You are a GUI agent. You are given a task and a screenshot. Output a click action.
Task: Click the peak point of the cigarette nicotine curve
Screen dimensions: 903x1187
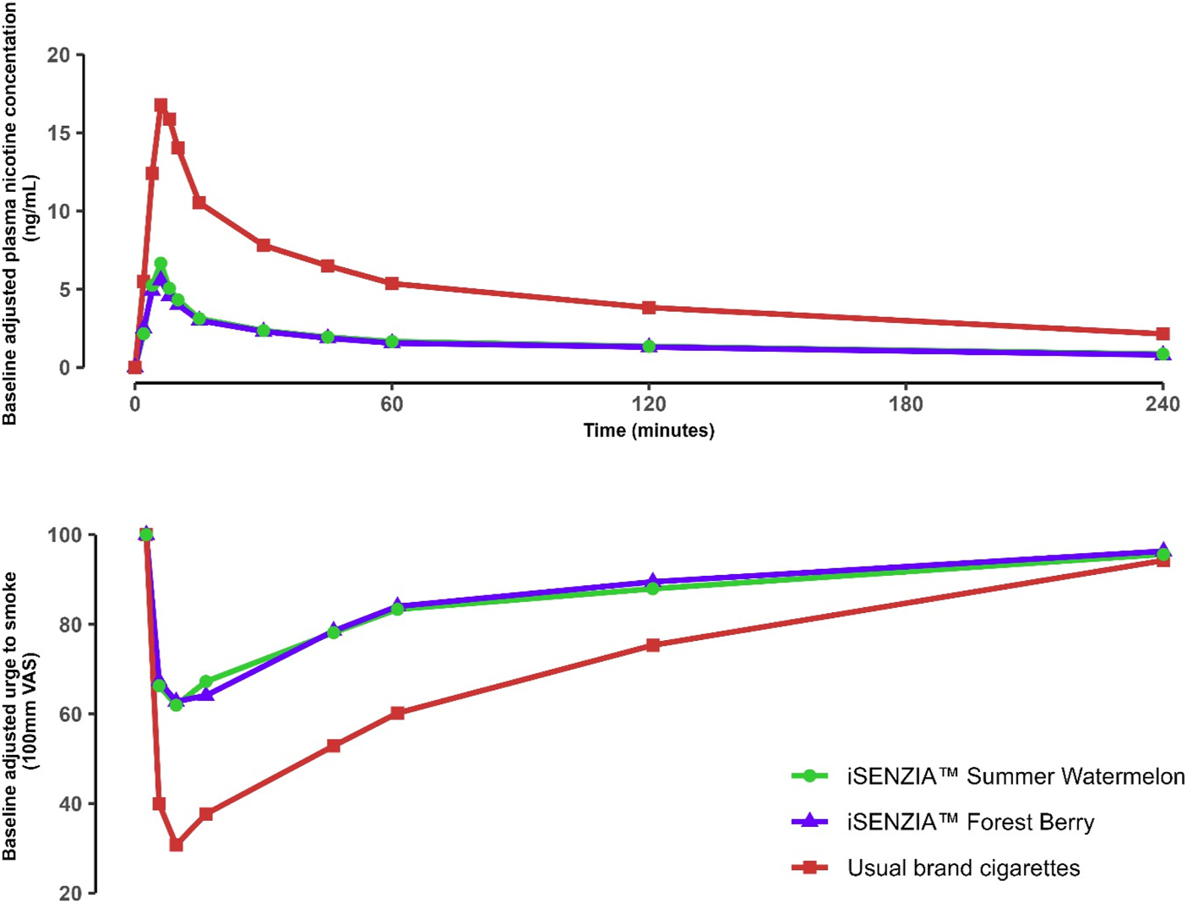161,106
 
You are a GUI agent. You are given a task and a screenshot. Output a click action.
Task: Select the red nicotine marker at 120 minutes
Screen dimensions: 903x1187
649,307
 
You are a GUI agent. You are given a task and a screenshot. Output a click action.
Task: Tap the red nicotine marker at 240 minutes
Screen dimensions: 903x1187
1162,334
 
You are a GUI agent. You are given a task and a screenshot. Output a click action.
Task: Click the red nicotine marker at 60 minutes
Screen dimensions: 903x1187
391,283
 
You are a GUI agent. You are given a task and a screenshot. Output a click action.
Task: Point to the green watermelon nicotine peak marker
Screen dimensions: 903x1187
161,264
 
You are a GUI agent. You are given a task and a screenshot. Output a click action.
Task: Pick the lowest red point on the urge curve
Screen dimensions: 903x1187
176,845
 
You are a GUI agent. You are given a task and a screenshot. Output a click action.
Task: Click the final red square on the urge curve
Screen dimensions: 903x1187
1162,561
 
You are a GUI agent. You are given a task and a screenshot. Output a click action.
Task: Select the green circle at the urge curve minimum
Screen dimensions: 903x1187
176,704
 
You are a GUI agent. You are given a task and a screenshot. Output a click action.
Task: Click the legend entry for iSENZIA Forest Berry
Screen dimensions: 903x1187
971,822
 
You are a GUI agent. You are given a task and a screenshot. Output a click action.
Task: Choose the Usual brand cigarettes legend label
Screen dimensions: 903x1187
963,867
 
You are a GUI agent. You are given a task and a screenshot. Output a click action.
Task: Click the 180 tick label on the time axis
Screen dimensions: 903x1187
906,404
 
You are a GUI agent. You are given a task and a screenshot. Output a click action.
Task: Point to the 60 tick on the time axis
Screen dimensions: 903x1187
391,404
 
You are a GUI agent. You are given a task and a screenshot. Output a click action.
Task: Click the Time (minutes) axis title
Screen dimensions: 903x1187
649,430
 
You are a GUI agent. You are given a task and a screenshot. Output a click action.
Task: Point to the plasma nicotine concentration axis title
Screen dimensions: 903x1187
20,211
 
